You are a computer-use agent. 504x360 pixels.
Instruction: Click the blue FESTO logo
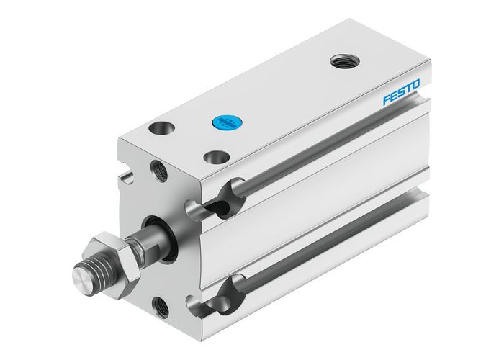pos(405,95)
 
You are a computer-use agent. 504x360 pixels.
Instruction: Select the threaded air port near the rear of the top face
pos(343,61)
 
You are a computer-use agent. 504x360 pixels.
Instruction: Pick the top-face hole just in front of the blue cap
pos(214,156)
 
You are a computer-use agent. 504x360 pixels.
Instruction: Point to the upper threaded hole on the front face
pos(158,170)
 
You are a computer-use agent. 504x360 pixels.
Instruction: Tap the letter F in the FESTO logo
pos(387,102)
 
